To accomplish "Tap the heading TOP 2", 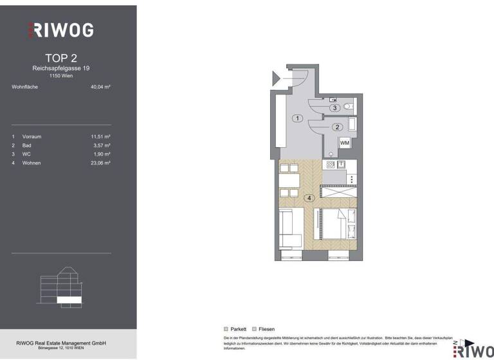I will (x=62, y=59).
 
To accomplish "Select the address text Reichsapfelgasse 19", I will (x=62, y=68).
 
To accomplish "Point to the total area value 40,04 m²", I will (x=100, y=87).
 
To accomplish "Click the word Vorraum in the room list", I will (x=32, y=136).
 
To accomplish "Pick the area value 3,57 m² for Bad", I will (x=102, y=145).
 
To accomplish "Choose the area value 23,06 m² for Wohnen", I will (x=100, y=163).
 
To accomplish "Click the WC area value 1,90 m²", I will (x=102, y=154).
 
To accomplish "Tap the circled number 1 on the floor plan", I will (x=297, y=118).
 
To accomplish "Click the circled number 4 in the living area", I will (x=310, y=198).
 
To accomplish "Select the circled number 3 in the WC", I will (x=335, y=108).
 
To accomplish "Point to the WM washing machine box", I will (x=344, y=143).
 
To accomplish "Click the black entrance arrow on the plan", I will (x=277, y=79).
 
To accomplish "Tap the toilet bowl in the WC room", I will (x=348, y=106).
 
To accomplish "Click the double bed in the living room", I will (x=334, y=228).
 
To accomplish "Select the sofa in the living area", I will (x=290, y=230).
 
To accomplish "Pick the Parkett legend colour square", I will (x=226, y=328).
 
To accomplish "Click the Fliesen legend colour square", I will (x=254, y=328).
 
